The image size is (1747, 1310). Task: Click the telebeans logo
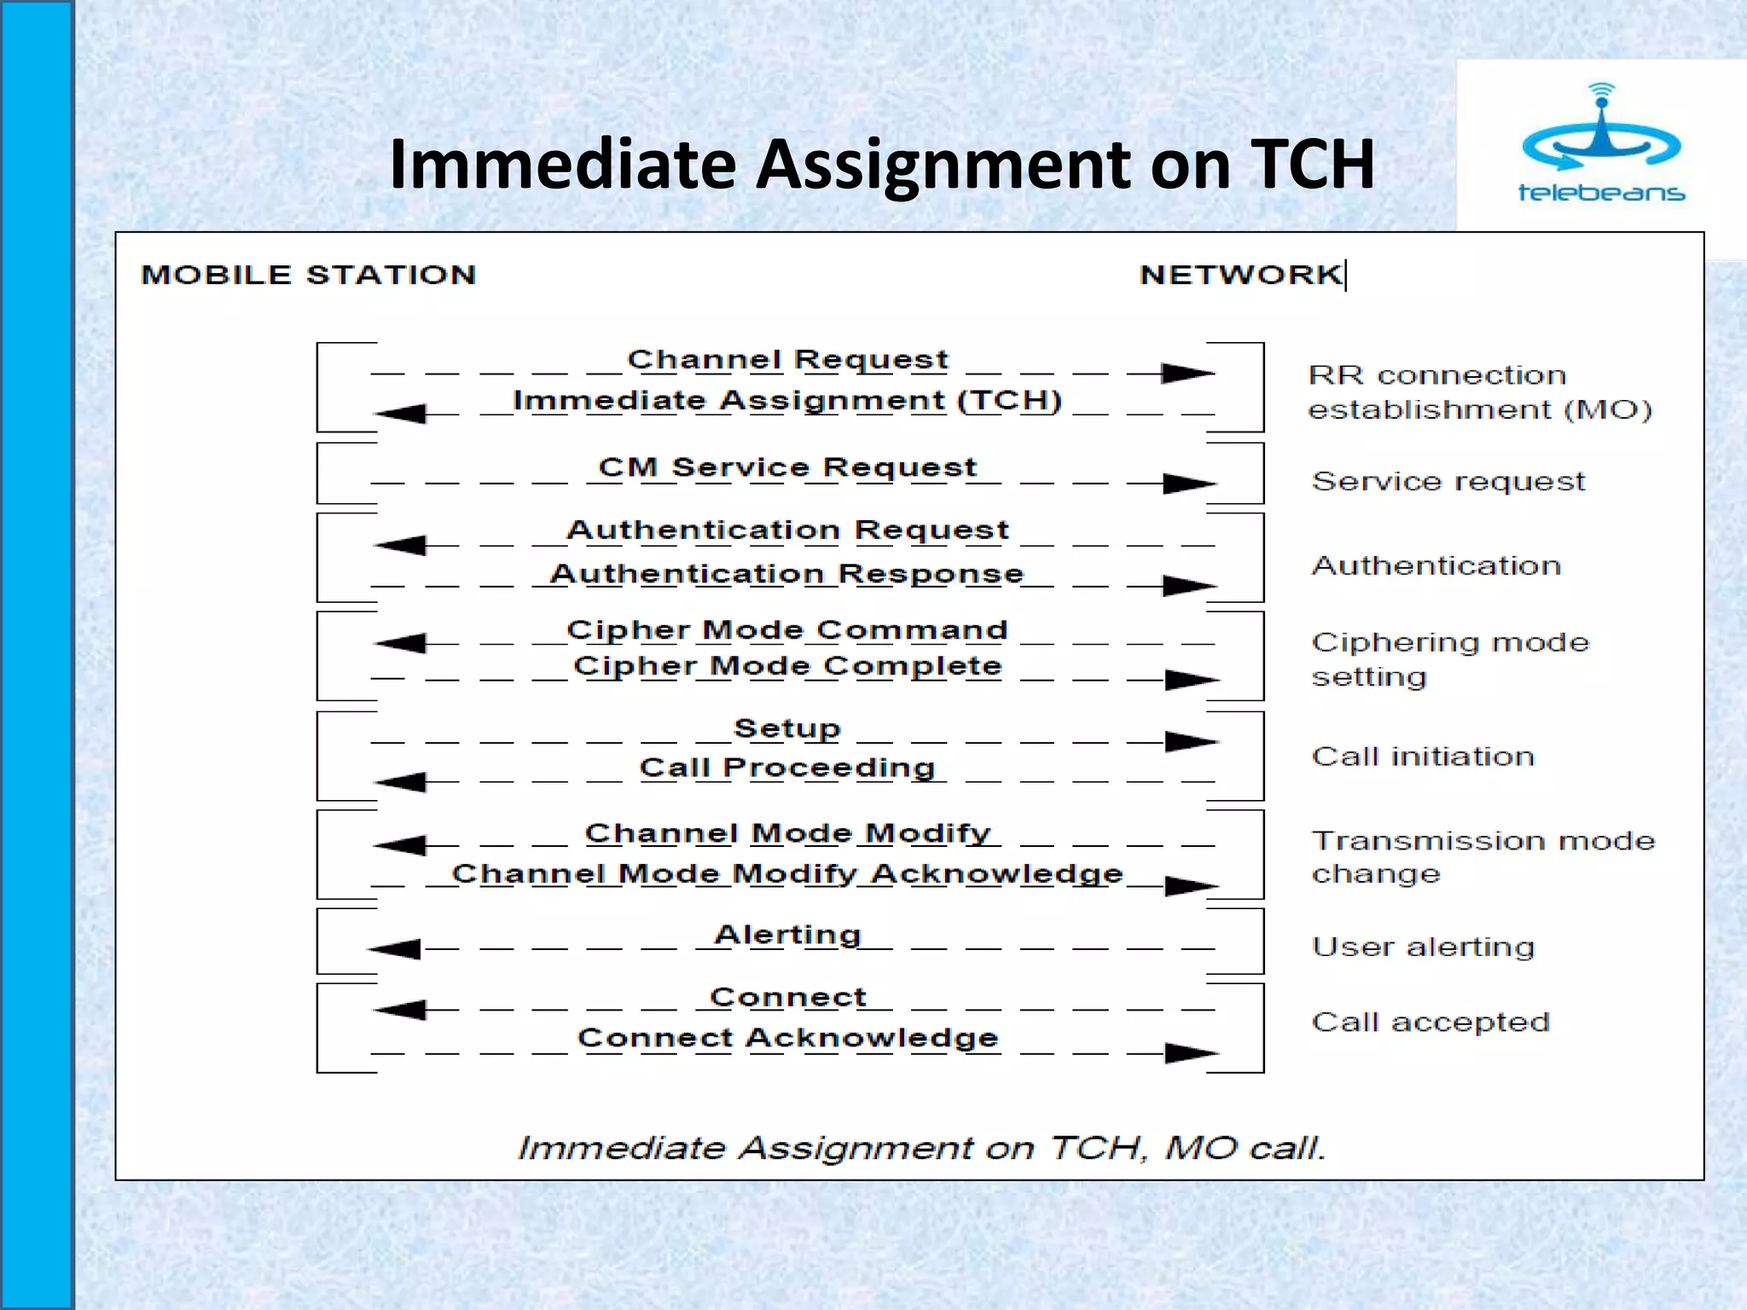pos(1601,145)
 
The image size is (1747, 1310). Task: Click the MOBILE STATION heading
pos(308,275)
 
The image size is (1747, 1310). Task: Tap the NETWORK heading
pos(1240,275)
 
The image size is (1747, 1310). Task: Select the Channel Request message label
pos(787,360)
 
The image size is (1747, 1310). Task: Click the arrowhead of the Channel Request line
pos(1187,374)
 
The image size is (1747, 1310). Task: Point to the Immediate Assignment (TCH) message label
pos(787,401)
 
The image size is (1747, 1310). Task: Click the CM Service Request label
pos(787,467)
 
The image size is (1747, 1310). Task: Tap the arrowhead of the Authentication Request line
pos(401,545)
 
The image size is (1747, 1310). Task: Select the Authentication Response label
pos(786,574)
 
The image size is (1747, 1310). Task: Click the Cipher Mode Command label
pos(786,630)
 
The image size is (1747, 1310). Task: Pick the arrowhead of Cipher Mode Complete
pos(1191,680)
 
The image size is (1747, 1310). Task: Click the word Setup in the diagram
pos(787,728)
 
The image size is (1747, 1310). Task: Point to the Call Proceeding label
pos(787,768)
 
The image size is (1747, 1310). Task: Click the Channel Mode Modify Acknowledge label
pos(787,874)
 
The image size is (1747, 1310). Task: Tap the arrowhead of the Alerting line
pos(395,948)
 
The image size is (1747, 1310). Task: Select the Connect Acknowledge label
pos(787,1038)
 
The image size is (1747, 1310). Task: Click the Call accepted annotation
pos(1431,1022)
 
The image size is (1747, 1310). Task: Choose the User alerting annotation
pos(1423,947)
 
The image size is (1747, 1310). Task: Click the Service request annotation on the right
pos(1448,482)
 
